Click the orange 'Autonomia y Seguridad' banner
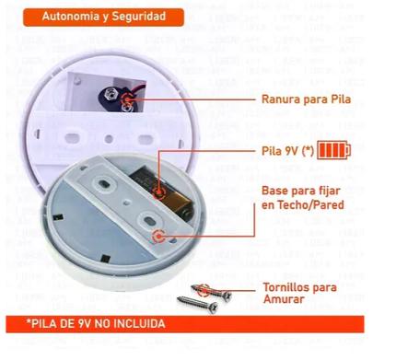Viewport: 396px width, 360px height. click(x=103, y=17)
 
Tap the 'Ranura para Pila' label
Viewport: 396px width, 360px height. click(x=306, y=99)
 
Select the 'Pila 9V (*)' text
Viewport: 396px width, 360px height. click(x=287, y=151)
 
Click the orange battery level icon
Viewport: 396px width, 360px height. click(x=333, y=150)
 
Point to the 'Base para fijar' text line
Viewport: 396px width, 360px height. click(x=301, y=191)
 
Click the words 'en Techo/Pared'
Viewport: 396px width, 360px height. click(x=303, y=204)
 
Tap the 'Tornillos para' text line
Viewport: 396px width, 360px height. click(x=300, y=287)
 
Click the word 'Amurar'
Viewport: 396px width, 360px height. click(x=284, y=299)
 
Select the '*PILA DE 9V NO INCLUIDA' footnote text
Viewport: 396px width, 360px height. click(x=96, y=324)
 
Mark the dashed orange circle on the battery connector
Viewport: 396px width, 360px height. click(x=127, y=99)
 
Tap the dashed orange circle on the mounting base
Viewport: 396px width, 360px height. click(x=158, y=237)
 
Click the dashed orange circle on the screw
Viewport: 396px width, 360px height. click(x=204, y=290)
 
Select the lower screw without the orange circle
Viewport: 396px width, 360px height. click(x=197, y=303)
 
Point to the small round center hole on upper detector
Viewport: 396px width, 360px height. click(x=109, y=139)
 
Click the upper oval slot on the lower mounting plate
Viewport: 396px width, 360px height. click(x=104, y=184)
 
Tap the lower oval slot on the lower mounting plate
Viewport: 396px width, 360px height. click(x=149, y=220)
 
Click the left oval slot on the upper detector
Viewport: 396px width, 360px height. click(x=73, y=138)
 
